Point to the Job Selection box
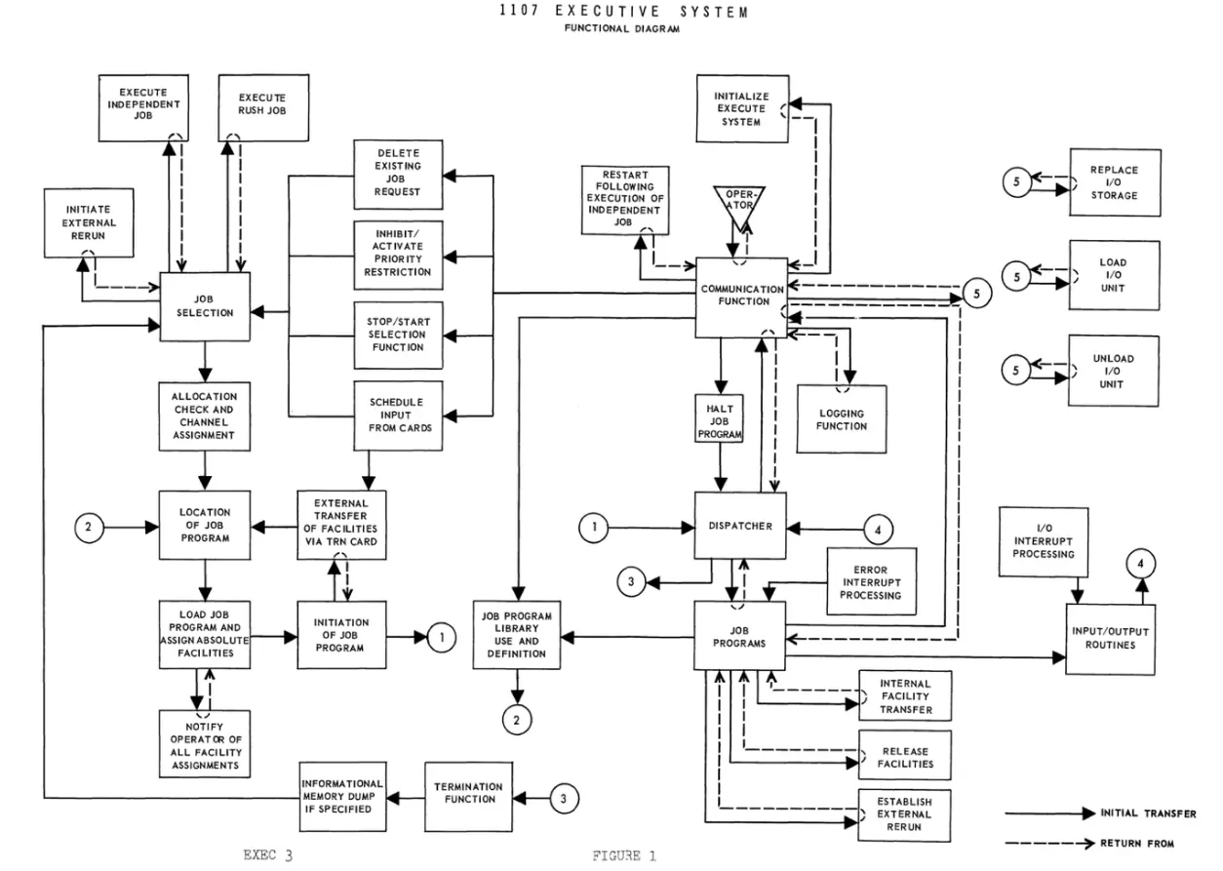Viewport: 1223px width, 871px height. pyautogui.click(x=205, y=306)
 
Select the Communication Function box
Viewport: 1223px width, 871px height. pyautogui.click(x=741, y=297)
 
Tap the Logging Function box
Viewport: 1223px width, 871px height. pyautogui.click(x=842, y=419)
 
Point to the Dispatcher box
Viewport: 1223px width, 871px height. pyautogui.click(x=741, y=526)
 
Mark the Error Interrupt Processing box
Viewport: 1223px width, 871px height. pyautogui.click(x=870, y=580)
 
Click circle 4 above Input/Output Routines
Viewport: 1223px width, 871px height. pyautogui.click(x=1138, y=564)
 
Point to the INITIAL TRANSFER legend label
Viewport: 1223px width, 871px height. pyautogui.click(x=1148, y=813)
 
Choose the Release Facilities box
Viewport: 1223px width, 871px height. pyautogui.click(x=905, y=757)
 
